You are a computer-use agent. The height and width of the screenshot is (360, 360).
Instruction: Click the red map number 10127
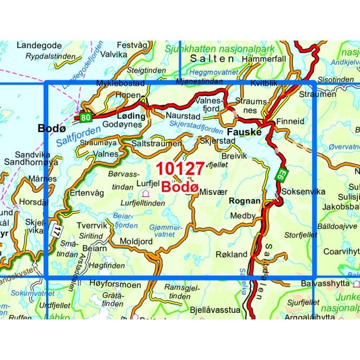(x=180, y=168)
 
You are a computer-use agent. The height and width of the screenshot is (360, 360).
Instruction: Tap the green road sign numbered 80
(x=84, y=117)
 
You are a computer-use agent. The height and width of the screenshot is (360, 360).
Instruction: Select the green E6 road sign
(x=282, y=174)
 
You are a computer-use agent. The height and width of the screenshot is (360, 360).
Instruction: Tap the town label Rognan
(x=245, y=200)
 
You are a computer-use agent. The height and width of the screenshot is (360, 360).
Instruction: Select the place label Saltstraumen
(x=156, y=143)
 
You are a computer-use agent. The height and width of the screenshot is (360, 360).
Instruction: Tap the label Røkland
(x=231, y=254)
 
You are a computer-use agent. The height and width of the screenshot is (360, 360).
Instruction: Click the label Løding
(x=131, y=116)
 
